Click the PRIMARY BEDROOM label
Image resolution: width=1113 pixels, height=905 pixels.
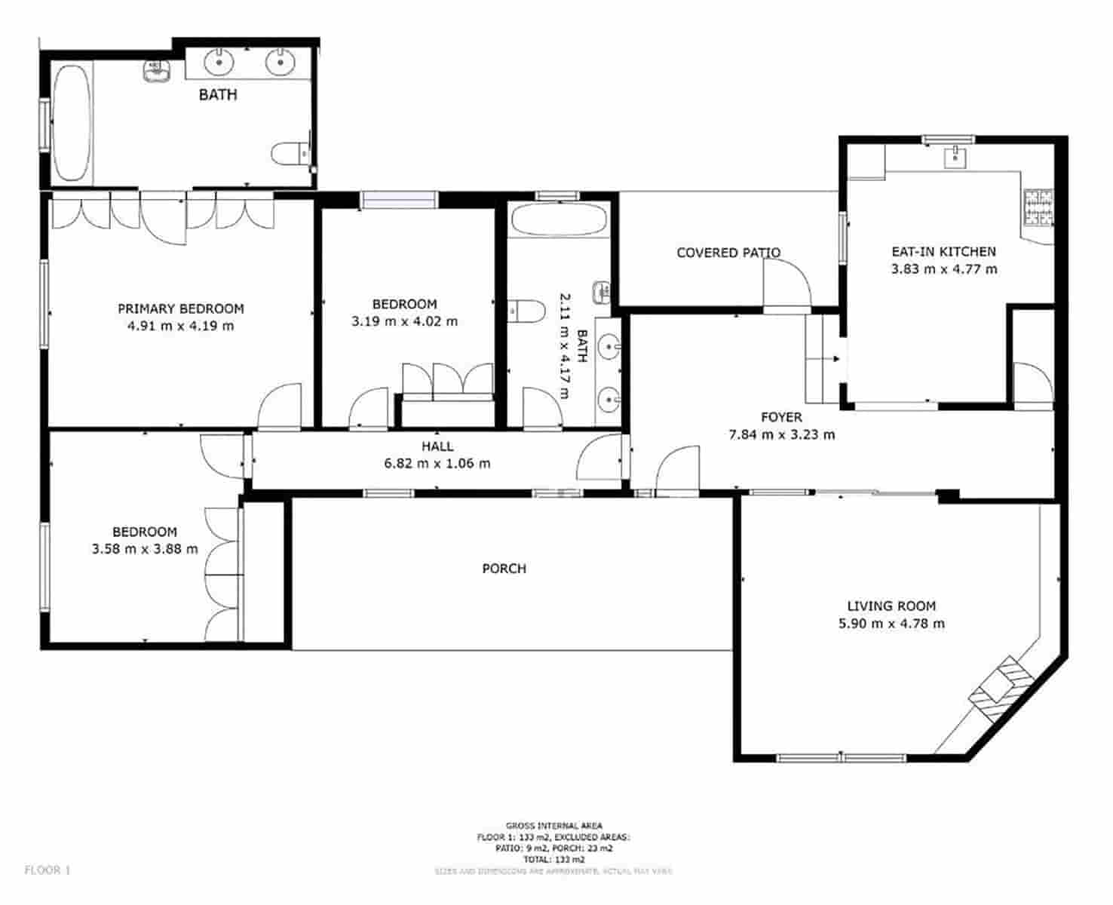(x=180, y=308)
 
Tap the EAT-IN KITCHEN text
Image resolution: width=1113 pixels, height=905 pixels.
(x=943, y=252)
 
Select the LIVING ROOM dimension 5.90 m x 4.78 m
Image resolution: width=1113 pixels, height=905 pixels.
(x=891, y=624)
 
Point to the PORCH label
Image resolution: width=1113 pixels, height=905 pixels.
(x=504, y=569)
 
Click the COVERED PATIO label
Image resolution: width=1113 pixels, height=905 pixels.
(x=728, y=253)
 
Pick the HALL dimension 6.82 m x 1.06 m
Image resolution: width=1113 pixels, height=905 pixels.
(x=437, y=463)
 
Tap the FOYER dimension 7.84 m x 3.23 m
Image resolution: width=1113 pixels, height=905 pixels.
(x=781, y=434)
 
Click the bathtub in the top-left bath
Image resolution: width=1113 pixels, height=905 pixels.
(x=72, y=122)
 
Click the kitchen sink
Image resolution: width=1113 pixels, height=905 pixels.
(x=955, y=157)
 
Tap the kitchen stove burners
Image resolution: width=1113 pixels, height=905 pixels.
(x=1038, y=207)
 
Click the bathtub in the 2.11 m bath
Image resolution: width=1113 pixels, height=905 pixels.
(x=558, y=220)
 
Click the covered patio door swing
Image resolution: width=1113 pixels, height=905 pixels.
(x=786, y=283)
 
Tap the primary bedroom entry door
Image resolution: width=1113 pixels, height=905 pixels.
(x=279, y=406)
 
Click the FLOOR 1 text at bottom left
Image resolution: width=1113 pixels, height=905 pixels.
(x=47, y=870)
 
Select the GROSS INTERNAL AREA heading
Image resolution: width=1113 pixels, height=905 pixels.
(x=553, y=826)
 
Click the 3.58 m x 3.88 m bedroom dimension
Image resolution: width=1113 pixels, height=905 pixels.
(x=145, y=549)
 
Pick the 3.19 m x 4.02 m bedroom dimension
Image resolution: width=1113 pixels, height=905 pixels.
(x=404, y=321)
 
